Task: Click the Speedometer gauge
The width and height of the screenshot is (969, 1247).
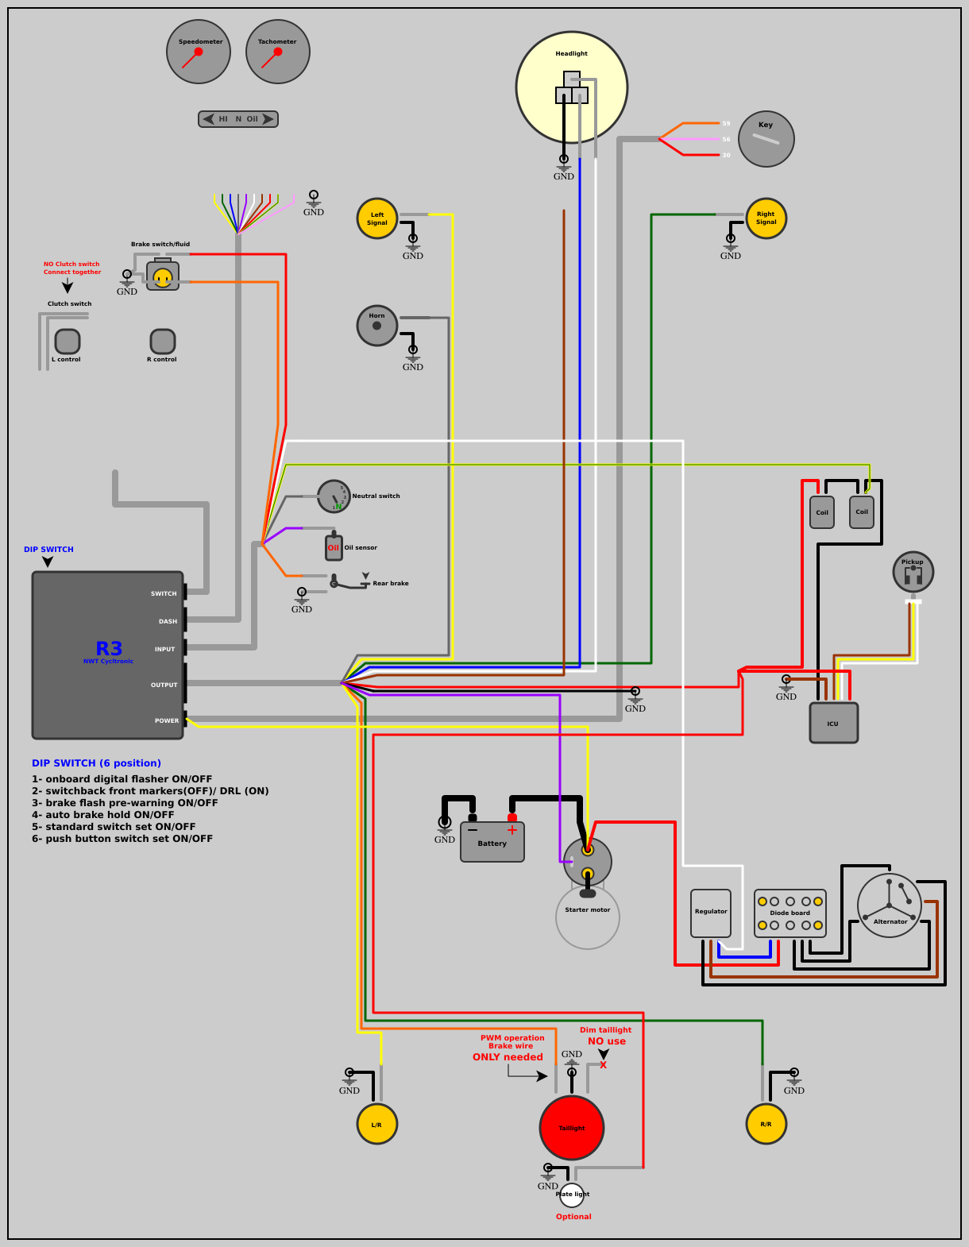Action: [199, 52]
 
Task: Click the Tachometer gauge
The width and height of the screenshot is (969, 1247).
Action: [278, 52]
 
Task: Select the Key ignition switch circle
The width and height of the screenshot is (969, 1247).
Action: [766, 139]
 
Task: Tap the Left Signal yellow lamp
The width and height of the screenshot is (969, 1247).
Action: [377, 218]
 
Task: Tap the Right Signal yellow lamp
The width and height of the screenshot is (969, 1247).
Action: [766, 218]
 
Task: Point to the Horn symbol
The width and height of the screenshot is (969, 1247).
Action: [377, 326]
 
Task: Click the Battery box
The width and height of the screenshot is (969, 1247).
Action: [492, 842]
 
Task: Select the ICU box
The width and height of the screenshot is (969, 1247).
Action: [833, 723]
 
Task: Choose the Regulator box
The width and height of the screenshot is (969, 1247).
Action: [711, 913]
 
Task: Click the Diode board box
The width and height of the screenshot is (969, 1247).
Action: [790, 913]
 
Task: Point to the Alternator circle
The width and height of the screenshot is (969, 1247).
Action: [890, 905]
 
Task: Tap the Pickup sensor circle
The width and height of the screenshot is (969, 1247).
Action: [913, 572]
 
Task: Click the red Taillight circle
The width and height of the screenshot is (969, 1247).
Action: [572, 1128]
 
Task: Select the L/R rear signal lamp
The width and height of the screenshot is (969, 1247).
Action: [377, 1124]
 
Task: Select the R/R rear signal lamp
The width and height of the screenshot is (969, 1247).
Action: [766, 1124]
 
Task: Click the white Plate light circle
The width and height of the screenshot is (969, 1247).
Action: [572, 1195]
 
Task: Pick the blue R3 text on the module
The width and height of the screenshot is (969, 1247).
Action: [109, 649]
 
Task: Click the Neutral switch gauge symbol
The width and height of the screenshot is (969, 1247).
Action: [334, 496]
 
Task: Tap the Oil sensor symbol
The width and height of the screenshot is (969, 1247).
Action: [334, 547]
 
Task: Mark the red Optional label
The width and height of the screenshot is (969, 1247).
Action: [573, 1217]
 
